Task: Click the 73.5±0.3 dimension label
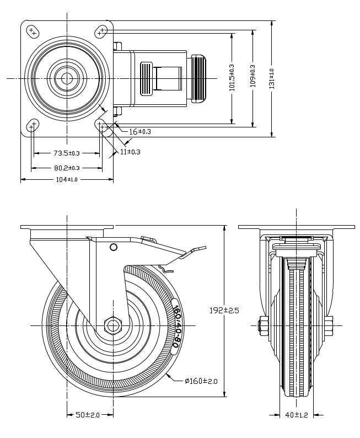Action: click(x=67, y=153)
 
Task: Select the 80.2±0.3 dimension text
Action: click(x=67, y=168)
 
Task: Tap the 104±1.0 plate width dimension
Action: click(x=67, y=180)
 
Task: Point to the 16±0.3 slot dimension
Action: click(x=140, y=132)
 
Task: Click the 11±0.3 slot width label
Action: click(x=130, y=152)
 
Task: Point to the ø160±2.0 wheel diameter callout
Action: click(x=202, y=381)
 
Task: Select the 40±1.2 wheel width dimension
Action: click(x=297, y=415)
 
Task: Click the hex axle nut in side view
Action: click(x=112, y=325)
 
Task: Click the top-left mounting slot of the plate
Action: click(x=33, y=31)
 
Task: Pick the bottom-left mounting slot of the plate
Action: click(x=33, y=125)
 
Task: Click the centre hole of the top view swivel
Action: click(x=67, y=78)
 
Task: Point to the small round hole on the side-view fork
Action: click(x=114, y=247)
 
